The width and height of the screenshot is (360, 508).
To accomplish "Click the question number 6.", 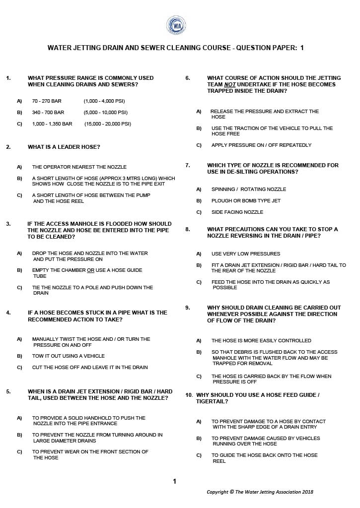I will tap(188, 78).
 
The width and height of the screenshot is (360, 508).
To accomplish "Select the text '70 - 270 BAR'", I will tap(47, 101).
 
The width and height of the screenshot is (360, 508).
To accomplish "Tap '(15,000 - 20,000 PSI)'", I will tap(108, 124).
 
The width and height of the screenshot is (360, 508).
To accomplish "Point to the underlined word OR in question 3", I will tap(90, 270).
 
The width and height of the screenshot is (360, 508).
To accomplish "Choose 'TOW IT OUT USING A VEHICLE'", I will tap(69, 356).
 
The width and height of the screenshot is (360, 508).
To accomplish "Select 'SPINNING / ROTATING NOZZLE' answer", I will tap(248, 189).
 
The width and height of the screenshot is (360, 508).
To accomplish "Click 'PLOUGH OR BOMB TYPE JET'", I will tap(246, 200).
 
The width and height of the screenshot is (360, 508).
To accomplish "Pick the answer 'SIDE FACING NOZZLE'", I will tap(237, 212).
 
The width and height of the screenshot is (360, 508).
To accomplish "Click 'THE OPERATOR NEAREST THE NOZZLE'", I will tap(79, 167).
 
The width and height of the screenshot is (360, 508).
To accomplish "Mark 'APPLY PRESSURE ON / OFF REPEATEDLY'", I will tap(261, 145).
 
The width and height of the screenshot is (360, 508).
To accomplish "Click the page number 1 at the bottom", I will tap(174, 481).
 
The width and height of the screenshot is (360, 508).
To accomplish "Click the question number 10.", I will tap(189, 395).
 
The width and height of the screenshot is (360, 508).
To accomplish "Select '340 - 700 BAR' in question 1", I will tap(48, 112).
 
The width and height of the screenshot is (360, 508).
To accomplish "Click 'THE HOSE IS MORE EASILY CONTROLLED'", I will tap(261, 340).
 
